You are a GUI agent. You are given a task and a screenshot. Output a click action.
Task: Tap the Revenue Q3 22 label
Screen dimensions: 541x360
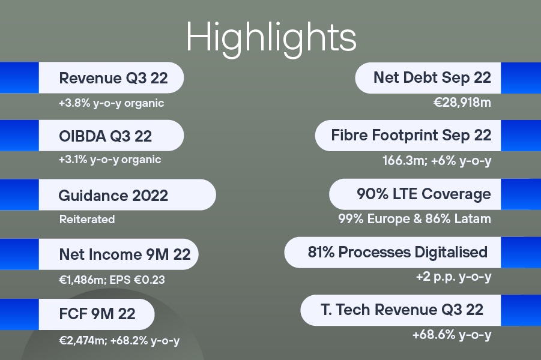[113, 78]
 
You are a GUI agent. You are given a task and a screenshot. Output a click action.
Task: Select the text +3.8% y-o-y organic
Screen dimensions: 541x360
[112, 103]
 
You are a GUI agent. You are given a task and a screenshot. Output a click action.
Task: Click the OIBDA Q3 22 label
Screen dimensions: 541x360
[106, 136]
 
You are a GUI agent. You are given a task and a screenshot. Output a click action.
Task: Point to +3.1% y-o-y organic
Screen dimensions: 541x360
[110, 160]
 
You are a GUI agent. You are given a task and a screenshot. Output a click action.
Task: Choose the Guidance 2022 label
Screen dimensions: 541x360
[113, 196]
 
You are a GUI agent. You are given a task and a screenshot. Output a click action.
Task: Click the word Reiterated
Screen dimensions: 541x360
[87, 220]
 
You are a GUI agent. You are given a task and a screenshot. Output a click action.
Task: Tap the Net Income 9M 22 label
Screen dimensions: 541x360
[125, 254]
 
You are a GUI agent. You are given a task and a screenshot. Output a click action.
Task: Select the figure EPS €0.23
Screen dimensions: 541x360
[138, 280]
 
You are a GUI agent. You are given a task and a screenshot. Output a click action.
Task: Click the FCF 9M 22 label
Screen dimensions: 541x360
[97, 314]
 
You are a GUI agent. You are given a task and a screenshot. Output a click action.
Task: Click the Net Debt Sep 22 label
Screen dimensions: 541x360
[432, 77]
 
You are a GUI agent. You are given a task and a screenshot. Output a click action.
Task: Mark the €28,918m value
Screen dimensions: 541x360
[462, 103]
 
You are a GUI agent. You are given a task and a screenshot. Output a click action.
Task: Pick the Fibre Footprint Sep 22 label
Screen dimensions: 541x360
[411, 135]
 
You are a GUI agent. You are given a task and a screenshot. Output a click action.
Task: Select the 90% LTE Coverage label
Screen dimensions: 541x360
[424, 194]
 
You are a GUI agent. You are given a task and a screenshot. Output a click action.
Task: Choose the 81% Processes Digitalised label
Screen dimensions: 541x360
[397, 252]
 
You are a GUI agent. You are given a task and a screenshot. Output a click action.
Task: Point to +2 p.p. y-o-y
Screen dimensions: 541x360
[454, 277]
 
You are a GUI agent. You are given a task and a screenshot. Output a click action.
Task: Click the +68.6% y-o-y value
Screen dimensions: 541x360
[452, 335]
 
